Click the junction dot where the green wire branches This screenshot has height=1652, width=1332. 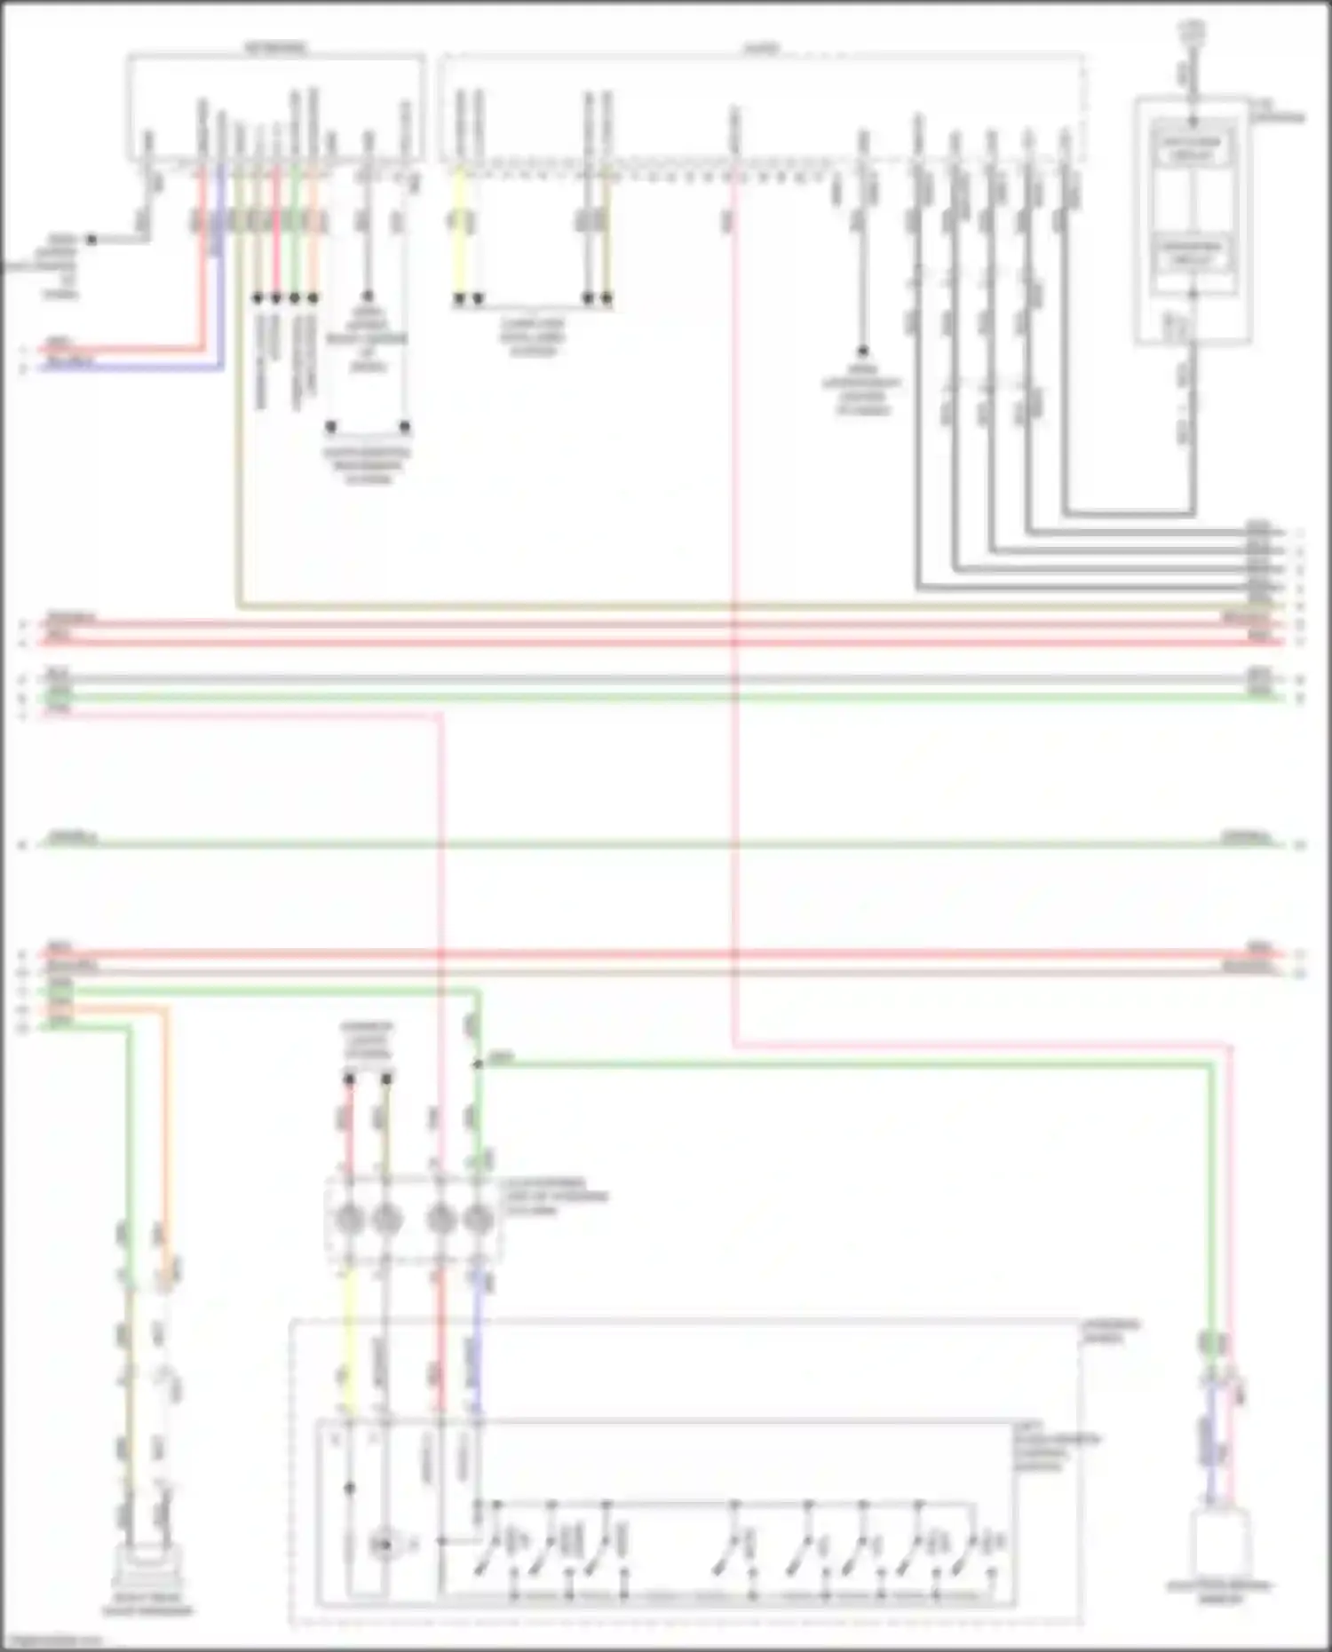(478, 1063)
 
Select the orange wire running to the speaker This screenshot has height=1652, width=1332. (165, 1110)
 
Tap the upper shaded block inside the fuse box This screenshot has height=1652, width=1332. (1192, 146)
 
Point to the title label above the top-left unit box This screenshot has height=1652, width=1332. (275, 47)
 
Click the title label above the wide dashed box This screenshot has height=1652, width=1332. (761, 49)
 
